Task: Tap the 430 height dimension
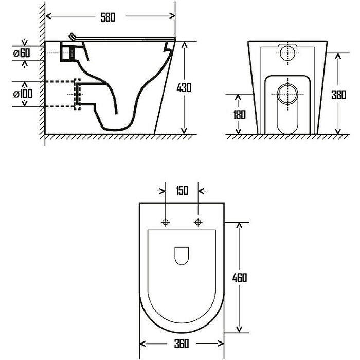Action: point(184,88)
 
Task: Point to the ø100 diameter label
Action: point(23,94)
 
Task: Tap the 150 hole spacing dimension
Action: point(182,191)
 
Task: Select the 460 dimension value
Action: point(239,278)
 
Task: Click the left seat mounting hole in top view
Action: point(166,222)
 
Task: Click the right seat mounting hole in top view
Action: point(199,222)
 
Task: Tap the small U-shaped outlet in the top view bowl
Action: point(182,256)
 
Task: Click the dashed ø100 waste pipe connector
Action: point(78,94)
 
